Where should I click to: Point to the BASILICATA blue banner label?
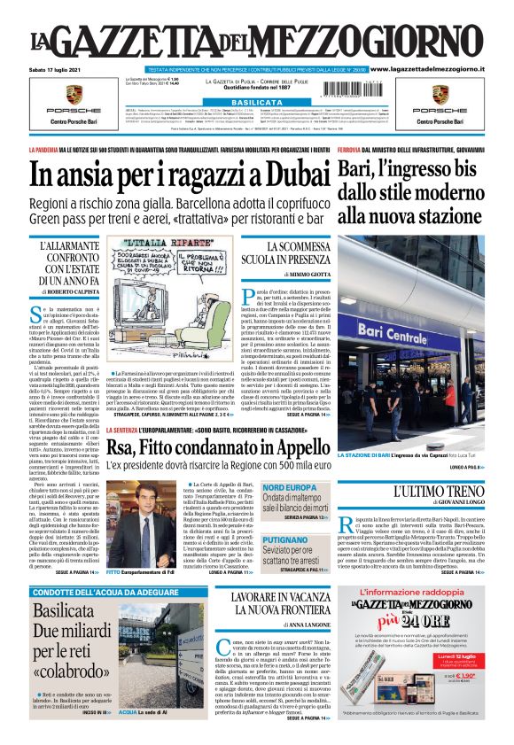256,103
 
